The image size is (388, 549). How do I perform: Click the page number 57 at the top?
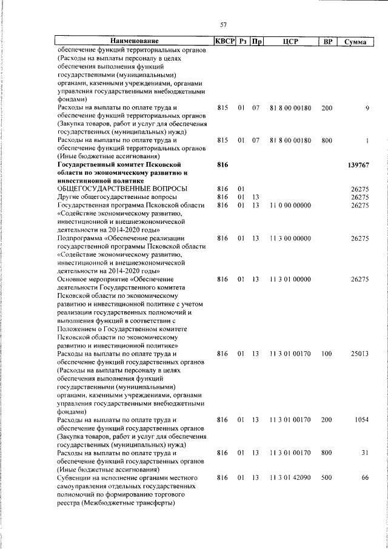[x=223, y=24]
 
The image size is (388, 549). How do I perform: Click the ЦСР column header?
[x=288, y=41]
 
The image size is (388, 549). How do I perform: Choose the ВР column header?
[x=328, y=41]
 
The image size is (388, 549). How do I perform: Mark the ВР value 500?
[x=327, y=478]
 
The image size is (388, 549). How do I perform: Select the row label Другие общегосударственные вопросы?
[x=117, y=197]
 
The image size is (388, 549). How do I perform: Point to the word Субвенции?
[x=74, y=478]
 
